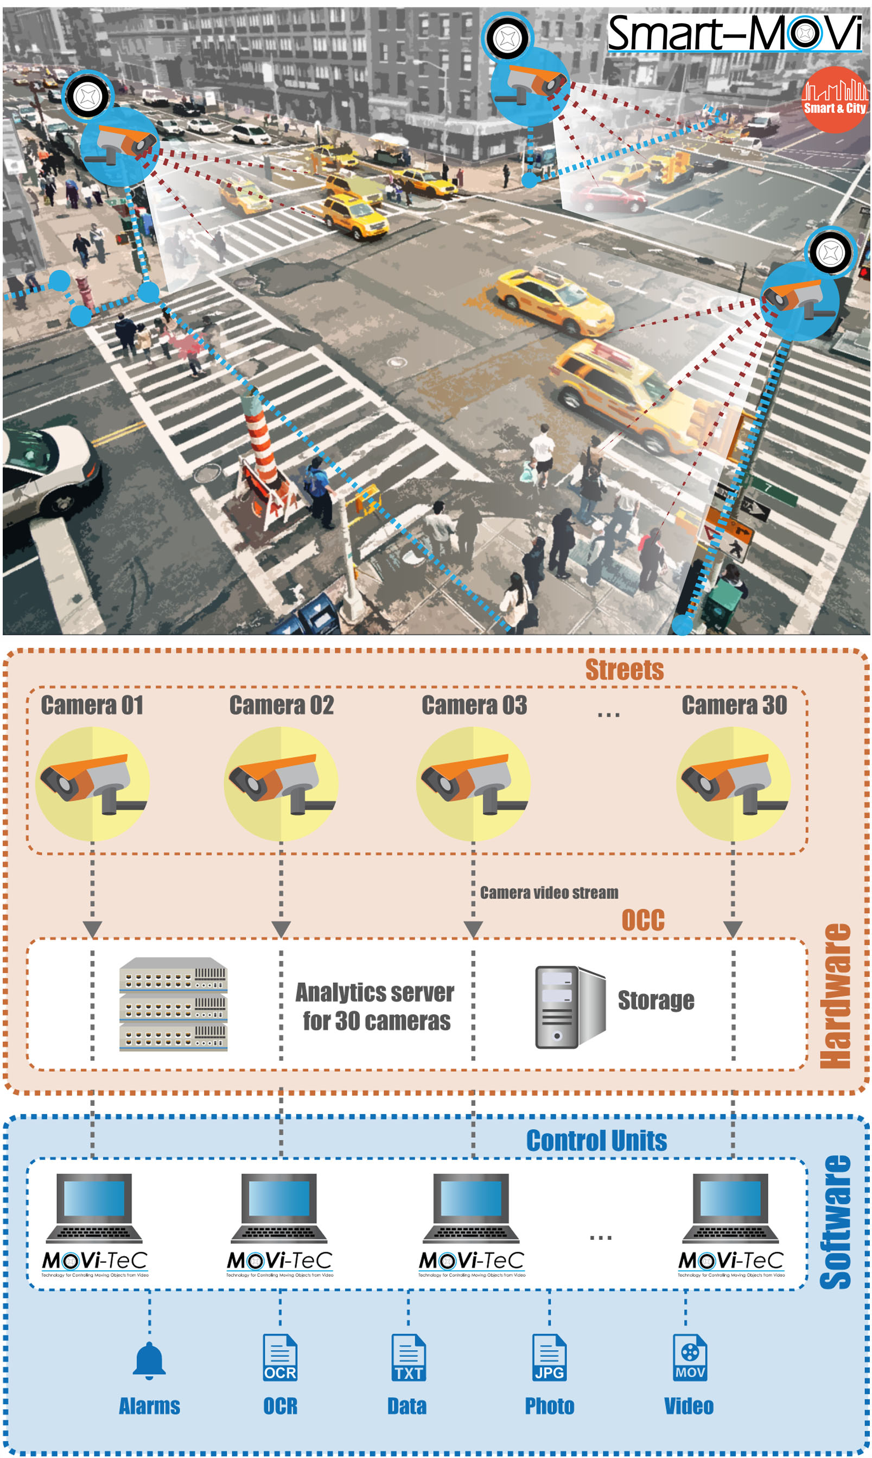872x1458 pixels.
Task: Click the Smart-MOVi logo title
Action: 734,34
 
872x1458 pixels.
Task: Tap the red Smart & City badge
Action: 834,99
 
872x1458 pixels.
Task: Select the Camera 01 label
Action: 92,705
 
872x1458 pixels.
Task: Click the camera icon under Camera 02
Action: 281,784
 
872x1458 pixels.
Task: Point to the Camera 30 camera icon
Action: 733,784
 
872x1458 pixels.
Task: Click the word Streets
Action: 624,670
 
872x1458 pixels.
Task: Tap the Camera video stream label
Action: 549,893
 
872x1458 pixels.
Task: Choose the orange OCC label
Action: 643,920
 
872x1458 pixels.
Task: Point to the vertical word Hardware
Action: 835,996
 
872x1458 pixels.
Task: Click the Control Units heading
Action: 596,1141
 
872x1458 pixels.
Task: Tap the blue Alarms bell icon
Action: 149,1361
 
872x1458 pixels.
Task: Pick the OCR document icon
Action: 279,1358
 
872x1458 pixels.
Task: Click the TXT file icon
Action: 409,1358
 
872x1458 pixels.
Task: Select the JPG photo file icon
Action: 549,1358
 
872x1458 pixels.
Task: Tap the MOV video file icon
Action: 689,1358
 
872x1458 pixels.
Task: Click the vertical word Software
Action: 835,1222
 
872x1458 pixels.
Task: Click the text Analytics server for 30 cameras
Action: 375,1006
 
